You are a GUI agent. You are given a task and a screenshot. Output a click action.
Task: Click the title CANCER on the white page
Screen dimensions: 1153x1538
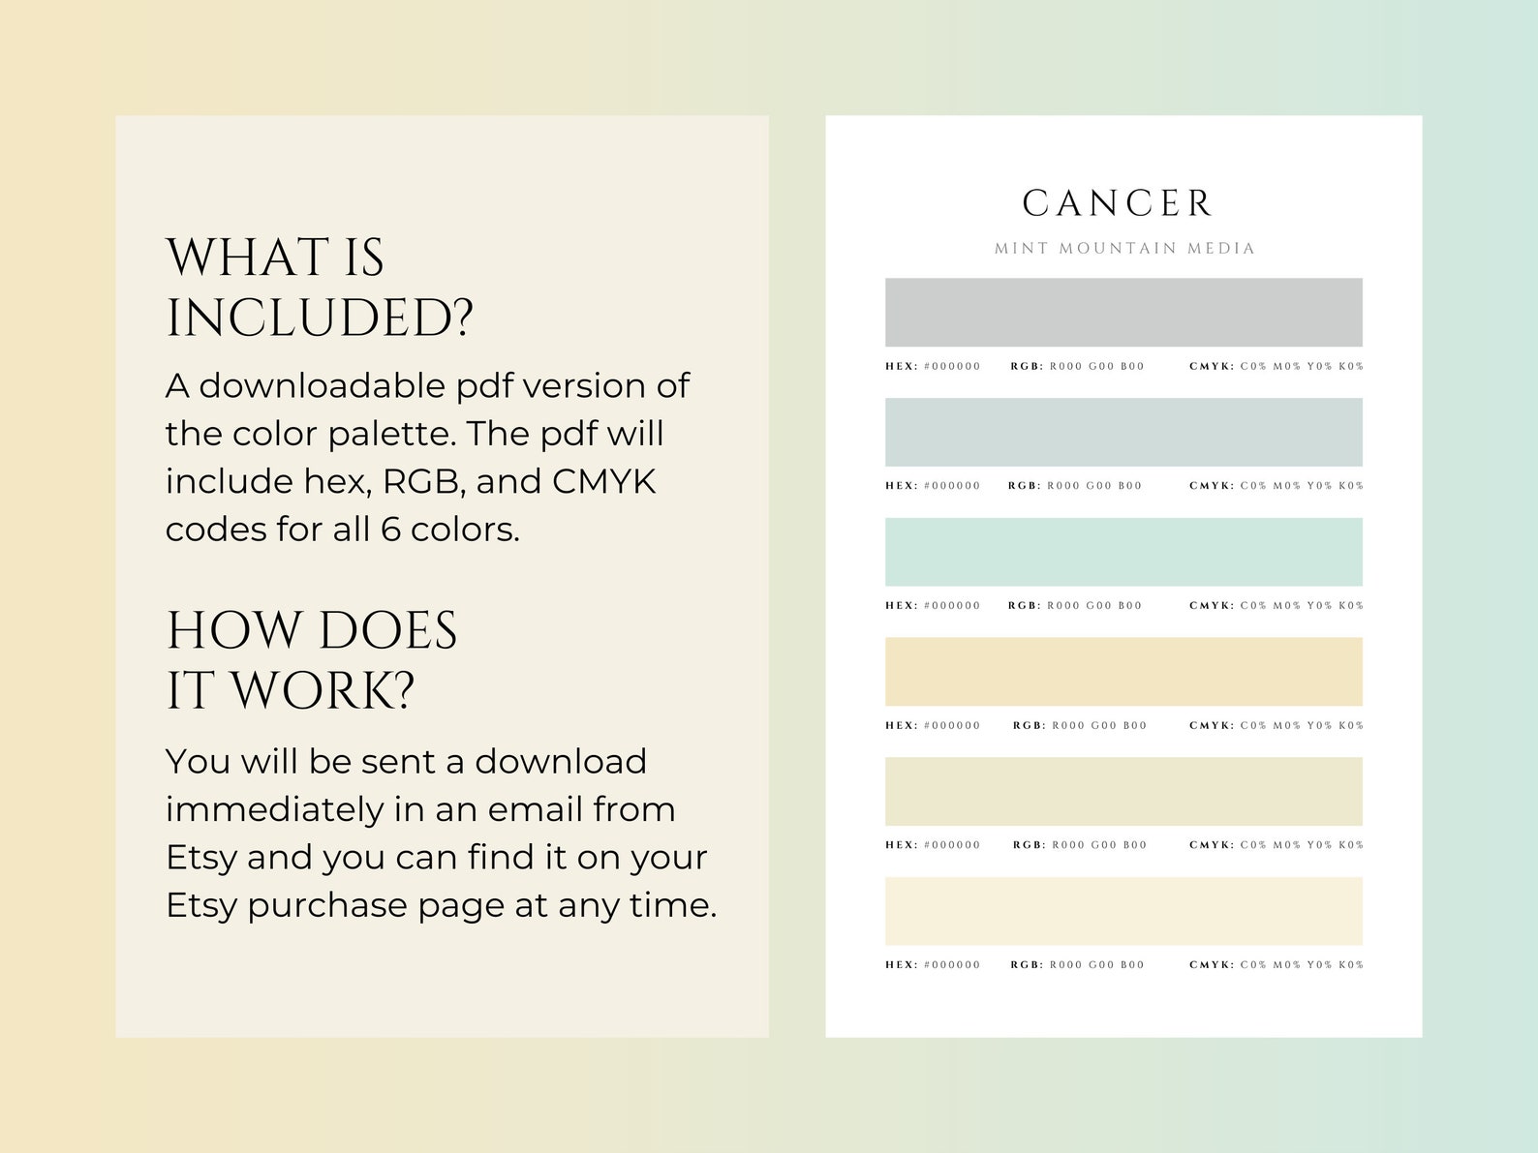(1118, 203)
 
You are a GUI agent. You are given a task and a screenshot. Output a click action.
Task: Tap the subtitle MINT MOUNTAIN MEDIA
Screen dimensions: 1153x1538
(1123, 249)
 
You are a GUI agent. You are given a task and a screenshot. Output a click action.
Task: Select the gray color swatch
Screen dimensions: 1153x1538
(1123, 312)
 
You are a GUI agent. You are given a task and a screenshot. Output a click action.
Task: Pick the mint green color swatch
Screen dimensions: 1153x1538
(1123, 552)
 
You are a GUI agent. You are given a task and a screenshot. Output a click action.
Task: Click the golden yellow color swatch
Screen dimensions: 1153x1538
(1123, 671)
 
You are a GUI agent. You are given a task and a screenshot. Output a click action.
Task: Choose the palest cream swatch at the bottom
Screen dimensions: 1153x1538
(1123, 911)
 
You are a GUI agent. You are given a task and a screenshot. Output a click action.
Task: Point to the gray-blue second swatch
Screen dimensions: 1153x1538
(1123, 432)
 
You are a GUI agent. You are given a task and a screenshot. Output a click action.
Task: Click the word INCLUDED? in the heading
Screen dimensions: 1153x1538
(320, 319)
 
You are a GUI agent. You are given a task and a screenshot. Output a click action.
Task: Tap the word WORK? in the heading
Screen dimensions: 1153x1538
(323, 691)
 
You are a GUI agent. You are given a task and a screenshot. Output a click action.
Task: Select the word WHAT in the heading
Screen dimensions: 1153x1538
(248, 258)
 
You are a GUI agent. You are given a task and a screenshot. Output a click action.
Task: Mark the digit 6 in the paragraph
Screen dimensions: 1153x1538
(390, 530)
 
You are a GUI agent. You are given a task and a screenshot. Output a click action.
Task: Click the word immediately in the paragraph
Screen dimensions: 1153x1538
(275, 809)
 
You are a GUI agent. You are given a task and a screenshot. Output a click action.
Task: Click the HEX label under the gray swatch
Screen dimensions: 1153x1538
(900, 367)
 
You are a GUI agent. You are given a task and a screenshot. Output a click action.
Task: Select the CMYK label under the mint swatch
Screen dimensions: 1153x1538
(1211, 606)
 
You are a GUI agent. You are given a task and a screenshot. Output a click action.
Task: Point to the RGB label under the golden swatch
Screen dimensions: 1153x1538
(1029, 726)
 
